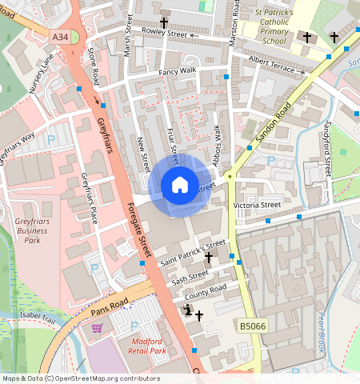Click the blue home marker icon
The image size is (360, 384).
click(180, 186)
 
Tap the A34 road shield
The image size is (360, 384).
click(61, 36)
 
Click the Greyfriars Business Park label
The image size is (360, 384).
click(31, 230)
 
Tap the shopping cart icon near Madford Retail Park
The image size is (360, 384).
click(97, 328)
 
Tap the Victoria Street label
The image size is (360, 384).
click(258, 205)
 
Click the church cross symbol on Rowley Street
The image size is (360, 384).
click(164, 24)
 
